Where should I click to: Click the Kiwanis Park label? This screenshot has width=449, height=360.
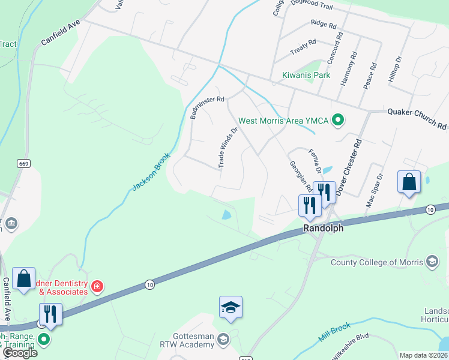pos(306,76)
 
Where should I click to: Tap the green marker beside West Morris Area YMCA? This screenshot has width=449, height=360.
pos(337,121)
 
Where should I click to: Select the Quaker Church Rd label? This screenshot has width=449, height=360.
pos(417,119)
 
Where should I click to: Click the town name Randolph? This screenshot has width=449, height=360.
pos(323,229)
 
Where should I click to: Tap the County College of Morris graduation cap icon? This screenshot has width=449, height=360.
pos(432,262)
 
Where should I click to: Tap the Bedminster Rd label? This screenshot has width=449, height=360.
pos(207,107)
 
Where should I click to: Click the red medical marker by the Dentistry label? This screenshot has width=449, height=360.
pos(97,287)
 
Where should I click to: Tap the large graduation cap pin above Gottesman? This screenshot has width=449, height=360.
pos(231,308)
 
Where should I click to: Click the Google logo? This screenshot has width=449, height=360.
pos(20,353)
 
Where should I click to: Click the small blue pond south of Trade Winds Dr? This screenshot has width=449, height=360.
pos(226,215)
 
